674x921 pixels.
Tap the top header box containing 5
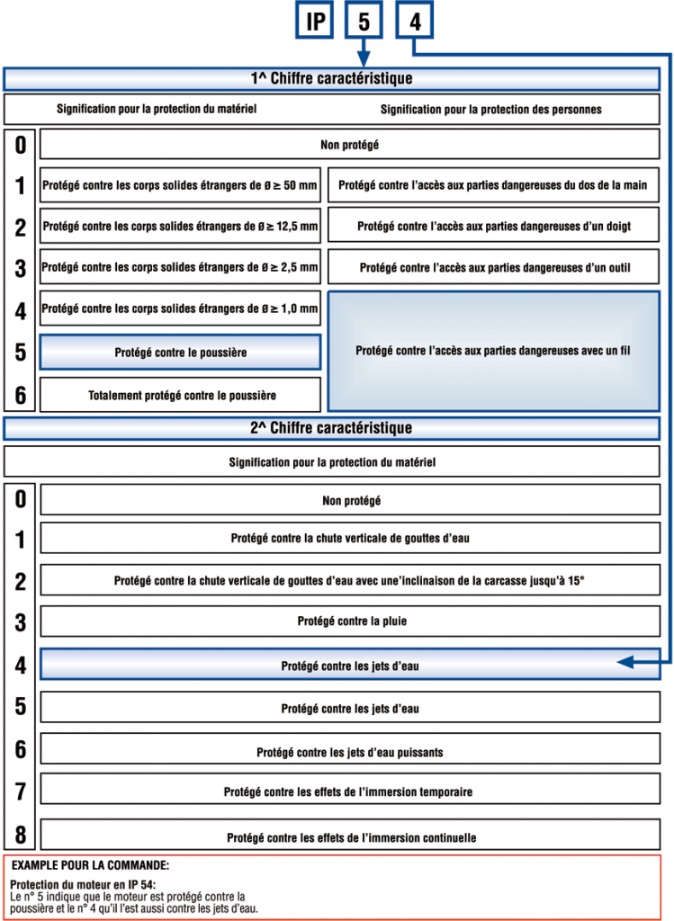(x=364, y=22)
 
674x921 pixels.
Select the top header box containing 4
(x=415, y=22)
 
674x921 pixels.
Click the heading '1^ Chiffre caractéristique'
(x=331, y=79)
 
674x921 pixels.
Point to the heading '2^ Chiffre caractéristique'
(x=331, y=428)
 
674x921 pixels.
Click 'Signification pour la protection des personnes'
(x=490, y=110)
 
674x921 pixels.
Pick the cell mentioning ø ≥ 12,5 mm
(x=180, y=228)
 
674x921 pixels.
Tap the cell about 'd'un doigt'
(x=494, y=228)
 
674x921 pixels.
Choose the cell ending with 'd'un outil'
(x=494, y=268)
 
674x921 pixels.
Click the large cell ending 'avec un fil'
(x=494, y=351)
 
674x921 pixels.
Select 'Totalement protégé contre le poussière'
(x=180, y=395)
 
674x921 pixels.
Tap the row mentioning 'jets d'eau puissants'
(x=349, y=752)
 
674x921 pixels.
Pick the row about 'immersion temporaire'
(x=349, y=792)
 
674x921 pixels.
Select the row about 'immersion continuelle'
(x=349, y=837)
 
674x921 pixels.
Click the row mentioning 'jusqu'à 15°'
(x=349, y=582)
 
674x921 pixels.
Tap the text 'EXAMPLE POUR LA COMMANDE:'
(x=90, y=865)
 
